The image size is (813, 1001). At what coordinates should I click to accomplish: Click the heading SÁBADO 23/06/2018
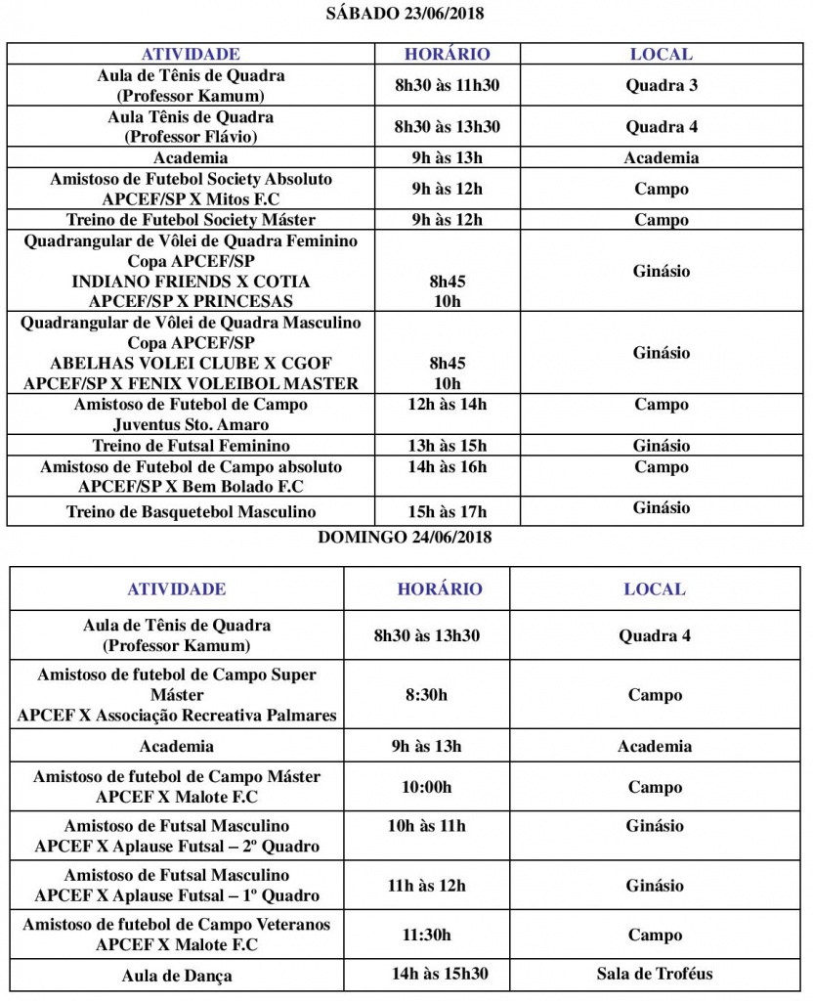click(405, 14)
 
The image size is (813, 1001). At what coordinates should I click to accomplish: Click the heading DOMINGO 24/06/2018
click(405, 537)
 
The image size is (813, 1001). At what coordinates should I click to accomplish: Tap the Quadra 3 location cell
click(662, 85)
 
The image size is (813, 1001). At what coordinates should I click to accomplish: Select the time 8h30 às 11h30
click(447, 85)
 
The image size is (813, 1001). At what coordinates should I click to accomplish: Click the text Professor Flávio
click(191, 137)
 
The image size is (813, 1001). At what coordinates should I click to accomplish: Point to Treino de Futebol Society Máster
click(191, 220)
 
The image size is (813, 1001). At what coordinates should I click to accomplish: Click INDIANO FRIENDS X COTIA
click(191, 282)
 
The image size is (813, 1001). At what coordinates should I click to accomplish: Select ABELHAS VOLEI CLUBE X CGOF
click(191, 364)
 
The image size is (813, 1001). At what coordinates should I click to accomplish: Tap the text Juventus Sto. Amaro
click(191, 425)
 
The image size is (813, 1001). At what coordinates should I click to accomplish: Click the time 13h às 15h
click(447, 446)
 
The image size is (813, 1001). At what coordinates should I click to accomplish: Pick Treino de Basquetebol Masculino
click(191, 511)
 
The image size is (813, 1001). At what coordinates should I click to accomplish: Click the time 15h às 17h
click(447, 511)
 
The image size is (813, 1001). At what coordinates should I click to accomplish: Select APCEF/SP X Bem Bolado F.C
click(191, 487)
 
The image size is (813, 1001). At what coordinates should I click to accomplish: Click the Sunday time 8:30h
click(426, 695)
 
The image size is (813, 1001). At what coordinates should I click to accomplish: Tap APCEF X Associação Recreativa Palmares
click(177, 716)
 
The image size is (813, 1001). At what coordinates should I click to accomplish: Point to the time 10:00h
click(426, 787)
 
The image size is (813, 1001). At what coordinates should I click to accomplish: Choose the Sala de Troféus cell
click(655, 974)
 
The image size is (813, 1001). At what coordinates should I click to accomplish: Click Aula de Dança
click(177, 976)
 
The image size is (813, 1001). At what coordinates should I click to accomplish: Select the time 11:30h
click(426, 935)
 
